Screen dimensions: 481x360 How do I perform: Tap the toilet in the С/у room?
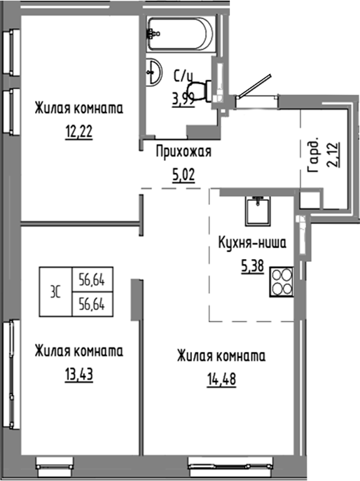pos(202,90)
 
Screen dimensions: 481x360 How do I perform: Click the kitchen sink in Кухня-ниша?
pos(257,211)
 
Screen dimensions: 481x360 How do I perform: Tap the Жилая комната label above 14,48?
pos(221,356)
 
